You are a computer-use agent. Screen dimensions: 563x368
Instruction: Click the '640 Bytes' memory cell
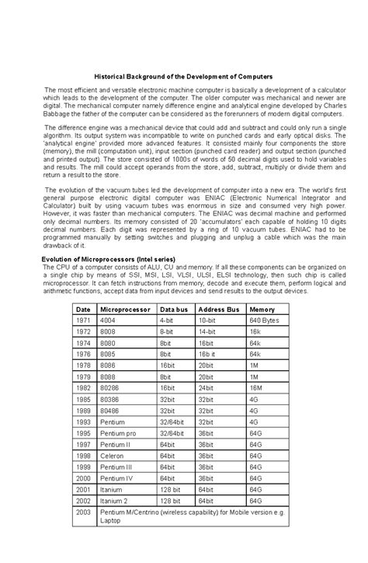point(265,320)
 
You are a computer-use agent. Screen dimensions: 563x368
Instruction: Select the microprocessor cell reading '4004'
point(109,320)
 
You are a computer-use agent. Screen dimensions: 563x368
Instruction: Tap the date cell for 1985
point(84,399)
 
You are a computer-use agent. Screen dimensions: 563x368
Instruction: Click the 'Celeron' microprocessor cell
point(113,456)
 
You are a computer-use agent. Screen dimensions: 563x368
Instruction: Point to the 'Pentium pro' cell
point(118,433)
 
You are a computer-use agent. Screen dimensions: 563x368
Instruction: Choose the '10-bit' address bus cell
point(207,320)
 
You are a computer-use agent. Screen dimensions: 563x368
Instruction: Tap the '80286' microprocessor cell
point(110,388)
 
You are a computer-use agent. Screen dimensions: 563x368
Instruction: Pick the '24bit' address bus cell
point(207,388)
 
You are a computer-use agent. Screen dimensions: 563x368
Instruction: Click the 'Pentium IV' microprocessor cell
point(117,478)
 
